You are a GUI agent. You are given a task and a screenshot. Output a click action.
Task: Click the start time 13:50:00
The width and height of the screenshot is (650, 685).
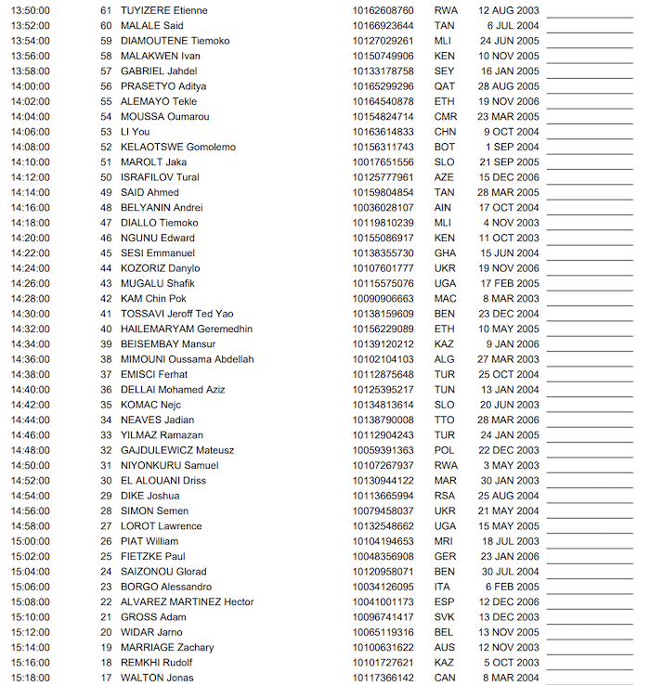tap(30, 10)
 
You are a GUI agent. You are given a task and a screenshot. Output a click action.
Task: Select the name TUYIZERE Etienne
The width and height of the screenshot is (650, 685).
tap(163, 10)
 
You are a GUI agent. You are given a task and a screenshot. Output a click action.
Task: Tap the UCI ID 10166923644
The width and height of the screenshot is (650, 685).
tap(383, 25)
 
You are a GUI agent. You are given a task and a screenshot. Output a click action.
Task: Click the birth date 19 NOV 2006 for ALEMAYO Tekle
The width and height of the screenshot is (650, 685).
tap(509, 101)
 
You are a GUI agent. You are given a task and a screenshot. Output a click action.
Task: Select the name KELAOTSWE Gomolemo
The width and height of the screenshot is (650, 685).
tap(177, 147)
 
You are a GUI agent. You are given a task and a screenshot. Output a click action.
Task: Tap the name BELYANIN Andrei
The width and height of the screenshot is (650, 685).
tap(162, 208)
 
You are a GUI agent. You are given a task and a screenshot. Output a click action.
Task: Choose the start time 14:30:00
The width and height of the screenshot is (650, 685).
tap(30, 314)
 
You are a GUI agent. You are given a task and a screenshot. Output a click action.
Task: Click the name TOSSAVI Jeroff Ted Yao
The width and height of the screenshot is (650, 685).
tap(176, 314)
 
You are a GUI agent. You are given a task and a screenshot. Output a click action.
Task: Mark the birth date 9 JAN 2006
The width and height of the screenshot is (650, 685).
tap(513, 343)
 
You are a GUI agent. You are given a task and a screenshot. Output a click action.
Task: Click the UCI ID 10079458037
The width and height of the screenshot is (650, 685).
tap(383, 511)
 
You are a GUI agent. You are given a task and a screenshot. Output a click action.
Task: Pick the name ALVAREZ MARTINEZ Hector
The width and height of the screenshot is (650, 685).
tap(187, 601)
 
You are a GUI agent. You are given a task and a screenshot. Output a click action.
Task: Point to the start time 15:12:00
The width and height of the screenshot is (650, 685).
tap(30, 632)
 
